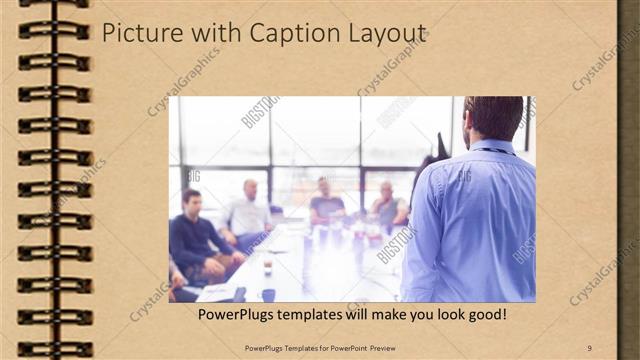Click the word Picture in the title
coord(138,33)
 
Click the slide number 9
coord(590,347)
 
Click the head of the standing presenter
coord(493,117)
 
